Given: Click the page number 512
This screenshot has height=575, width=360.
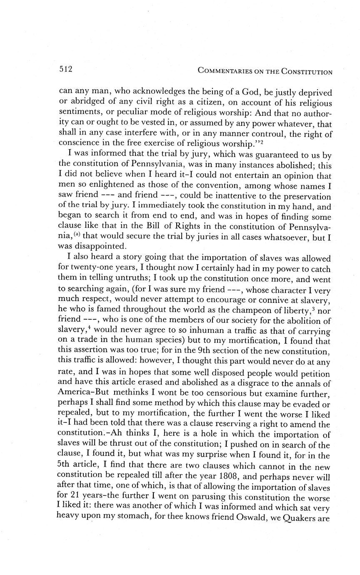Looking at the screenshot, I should [66, 70].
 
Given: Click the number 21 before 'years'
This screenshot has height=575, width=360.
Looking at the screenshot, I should [74, 497].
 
